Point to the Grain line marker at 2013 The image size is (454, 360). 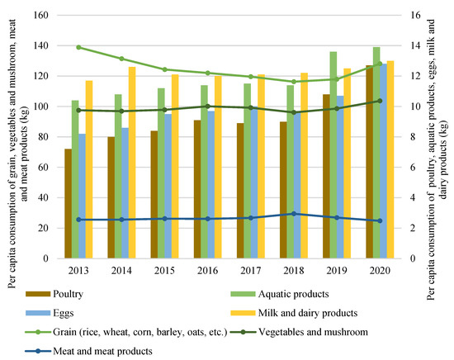[78, 47]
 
